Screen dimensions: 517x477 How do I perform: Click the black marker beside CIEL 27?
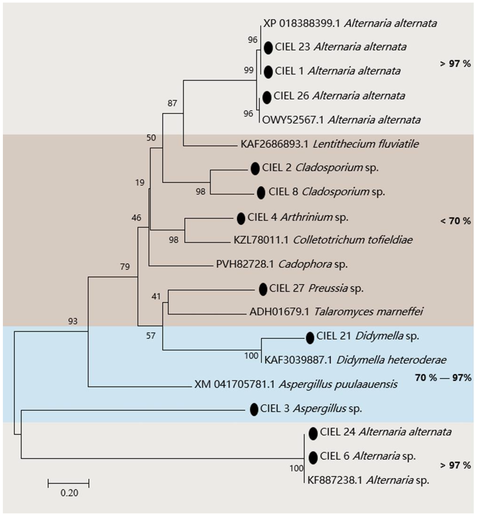click(x=263, y=289)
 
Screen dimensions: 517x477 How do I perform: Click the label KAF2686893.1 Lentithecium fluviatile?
click(x=329, y=144)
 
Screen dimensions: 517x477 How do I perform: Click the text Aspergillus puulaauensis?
click(x=338, y=384)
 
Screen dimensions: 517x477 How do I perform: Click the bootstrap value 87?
click(x=172, y=103)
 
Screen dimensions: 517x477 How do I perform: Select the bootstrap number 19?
click(x=140, y=183)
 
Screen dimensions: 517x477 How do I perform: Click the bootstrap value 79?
click(x=125, y=266)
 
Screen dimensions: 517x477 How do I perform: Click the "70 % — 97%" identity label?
click(x=443, y=378)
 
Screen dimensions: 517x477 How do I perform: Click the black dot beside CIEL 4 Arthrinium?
click(x=241, y=219)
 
